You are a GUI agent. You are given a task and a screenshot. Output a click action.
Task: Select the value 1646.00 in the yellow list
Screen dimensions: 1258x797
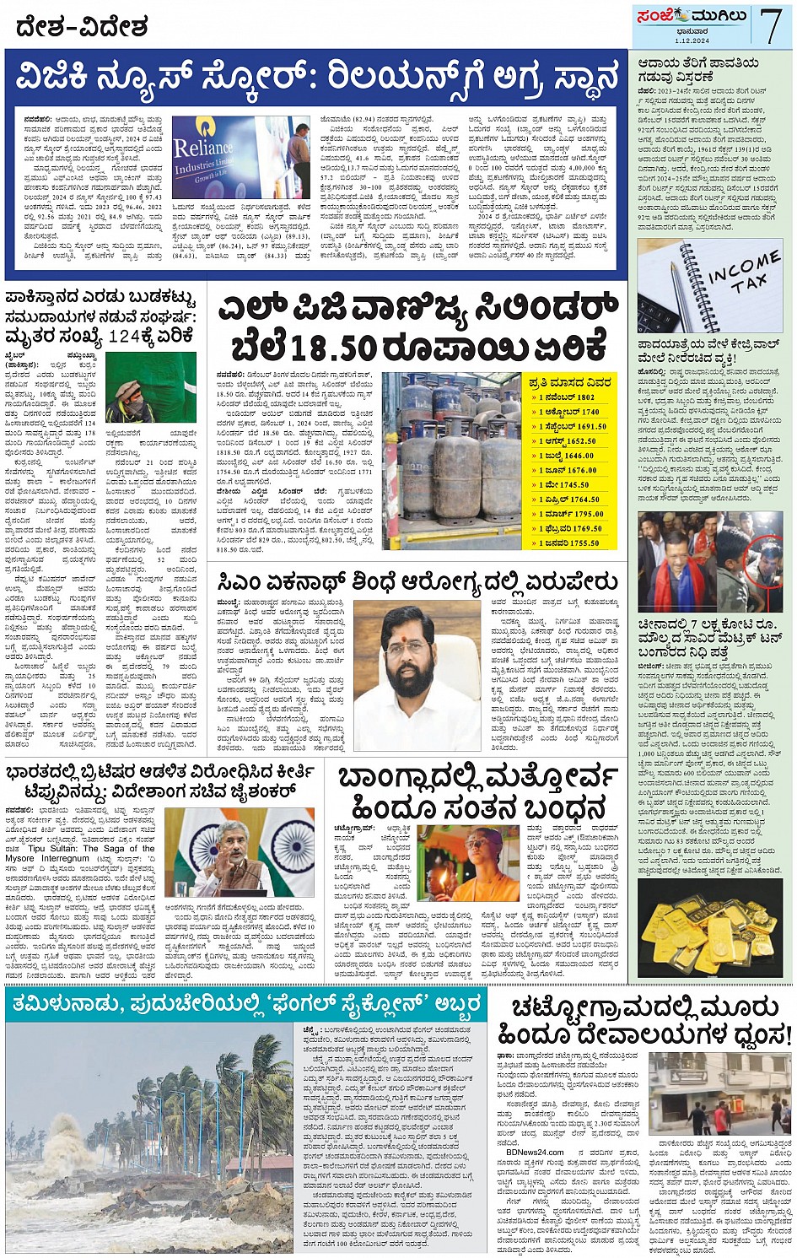pyautogui.click(x=579, y=456)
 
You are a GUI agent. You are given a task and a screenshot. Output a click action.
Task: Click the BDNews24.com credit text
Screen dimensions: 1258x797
pyautogui.click(x=535, y=1152)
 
